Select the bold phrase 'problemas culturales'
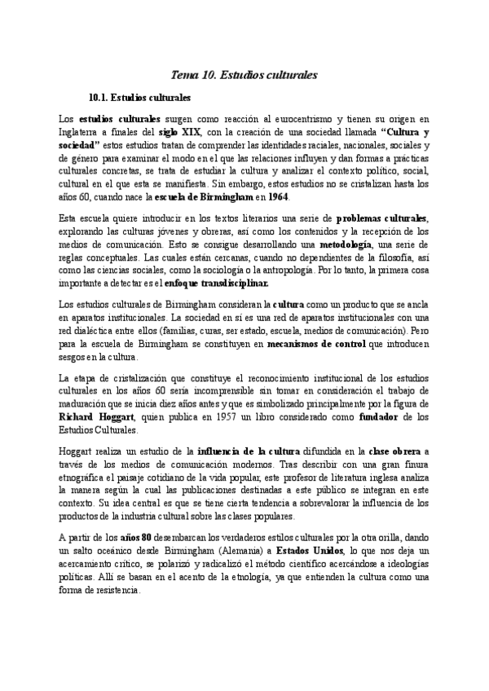[382, 220]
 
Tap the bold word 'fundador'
[381, 418]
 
